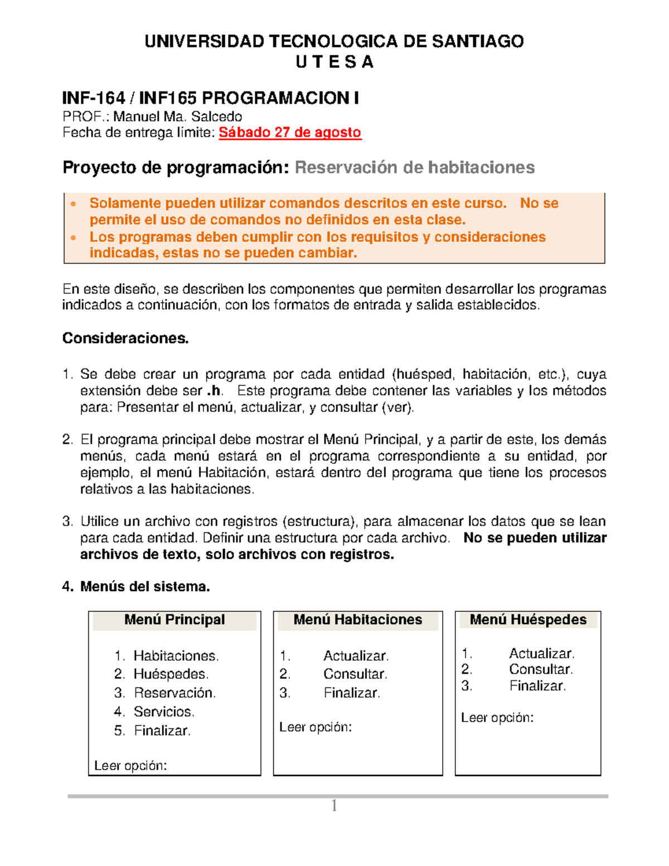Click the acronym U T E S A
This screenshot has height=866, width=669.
[x=334, y=62]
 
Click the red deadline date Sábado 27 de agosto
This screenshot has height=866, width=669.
[x=290, y=133]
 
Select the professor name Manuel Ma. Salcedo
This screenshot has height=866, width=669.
[x=177, y=117]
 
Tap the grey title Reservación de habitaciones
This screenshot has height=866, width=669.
[x=414, y=167]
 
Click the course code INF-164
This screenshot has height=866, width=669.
[x=93, y=99]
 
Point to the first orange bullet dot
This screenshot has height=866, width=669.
[x=73, y=204]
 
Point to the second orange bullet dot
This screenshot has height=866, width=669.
[x=73, y=238]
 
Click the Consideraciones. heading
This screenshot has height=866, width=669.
[x=125, y=338]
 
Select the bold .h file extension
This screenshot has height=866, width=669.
[x=214, y=391]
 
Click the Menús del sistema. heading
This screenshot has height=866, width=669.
[x=144, y=587]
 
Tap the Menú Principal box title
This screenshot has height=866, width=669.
[x=174, y=620]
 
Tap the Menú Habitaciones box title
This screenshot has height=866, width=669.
[x=357, y=620]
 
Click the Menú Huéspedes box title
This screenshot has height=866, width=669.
[x=528, y=620]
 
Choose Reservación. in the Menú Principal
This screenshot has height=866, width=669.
[x=174, y=693]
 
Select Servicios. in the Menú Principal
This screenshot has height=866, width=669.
[x=164, y=712]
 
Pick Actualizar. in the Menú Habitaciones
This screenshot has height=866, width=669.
[x=356, y=656]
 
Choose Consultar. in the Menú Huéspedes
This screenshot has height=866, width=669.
[x=541, y=670]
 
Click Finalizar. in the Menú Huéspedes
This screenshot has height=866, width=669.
[x=537, y=686]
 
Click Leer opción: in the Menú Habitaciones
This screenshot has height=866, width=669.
[x=315, y=727]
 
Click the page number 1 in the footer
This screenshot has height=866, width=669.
[x=334, y=806]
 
